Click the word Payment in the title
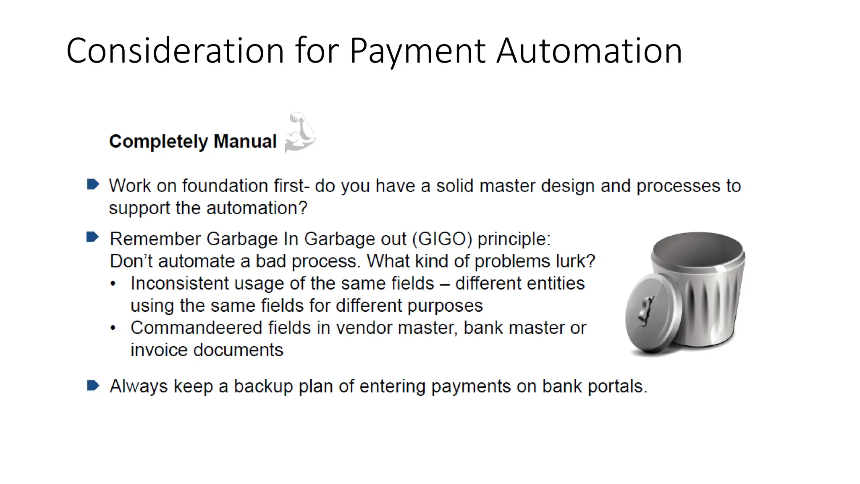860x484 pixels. pyautogui.click(x=418, y=51)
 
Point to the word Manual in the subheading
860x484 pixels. pyautogui.click(x=245, y=141)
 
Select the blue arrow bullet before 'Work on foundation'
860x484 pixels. pyautogui.click(x=93, y=184)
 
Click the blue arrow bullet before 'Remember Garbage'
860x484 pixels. pyautogui.click(x=92, y=237)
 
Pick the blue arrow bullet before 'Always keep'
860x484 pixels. pyautogui.click(x=93, y=385)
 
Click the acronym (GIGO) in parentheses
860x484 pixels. pyautogui.click(x=442, y=239)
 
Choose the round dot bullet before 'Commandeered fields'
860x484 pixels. pyautogui.click(x=113, y=328)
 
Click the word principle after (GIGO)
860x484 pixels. pyautogui.click(x=514, y=239)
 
